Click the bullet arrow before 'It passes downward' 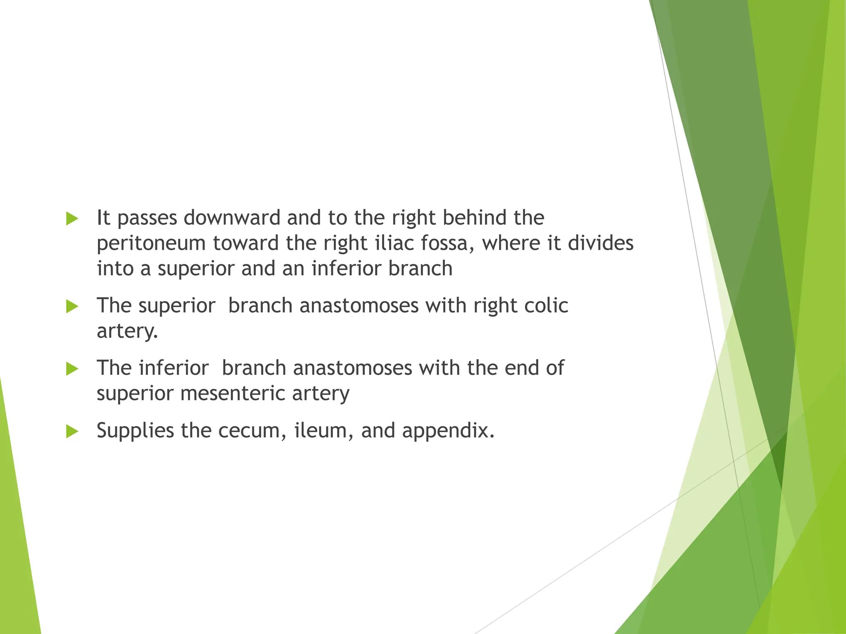72,219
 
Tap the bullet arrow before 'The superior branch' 72,307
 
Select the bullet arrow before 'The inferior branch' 72,369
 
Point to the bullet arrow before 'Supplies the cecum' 72,432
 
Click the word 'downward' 232,218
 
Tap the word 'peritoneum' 151,244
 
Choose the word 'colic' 547,305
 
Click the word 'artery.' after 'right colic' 128,331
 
